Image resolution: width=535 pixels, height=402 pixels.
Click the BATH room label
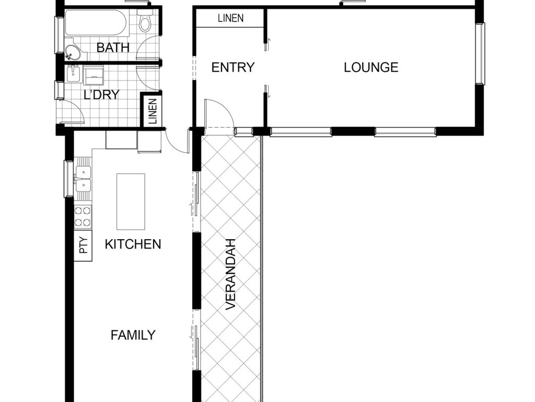click(113, 48)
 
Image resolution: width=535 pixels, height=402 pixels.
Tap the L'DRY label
click(101, 94)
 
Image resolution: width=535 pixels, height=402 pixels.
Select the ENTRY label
click(233, 68)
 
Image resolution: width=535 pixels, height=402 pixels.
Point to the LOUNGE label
click(371, 68)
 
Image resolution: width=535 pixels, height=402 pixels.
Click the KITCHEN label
click(133, 244)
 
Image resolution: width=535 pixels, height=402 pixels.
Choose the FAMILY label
click(133, 335)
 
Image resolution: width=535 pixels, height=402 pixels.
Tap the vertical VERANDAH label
click(231, 274)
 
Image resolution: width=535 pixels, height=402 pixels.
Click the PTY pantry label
click(83, 246)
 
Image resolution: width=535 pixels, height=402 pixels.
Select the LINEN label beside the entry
click(230, 18)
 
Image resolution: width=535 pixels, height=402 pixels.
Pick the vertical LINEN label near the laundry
click(153, 111)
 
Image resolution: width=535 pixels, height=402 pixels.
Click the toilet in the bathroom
click(145, 20)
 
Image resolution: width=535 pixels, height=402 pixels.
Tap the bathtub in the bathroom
click(96, 23)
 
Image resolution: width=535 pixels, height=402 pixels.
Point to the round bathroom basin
click(72, 53)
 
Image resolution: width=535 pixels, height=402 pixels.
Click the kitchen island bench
click(131, 202)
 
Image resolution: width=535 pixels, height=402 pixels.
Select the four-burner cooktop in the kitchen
click(83, 217)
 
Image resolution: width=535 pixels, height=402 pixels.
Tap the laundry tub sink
click(73, 74)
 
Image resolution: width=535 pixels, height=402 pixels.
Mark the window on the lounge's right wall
click(481, 53)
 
